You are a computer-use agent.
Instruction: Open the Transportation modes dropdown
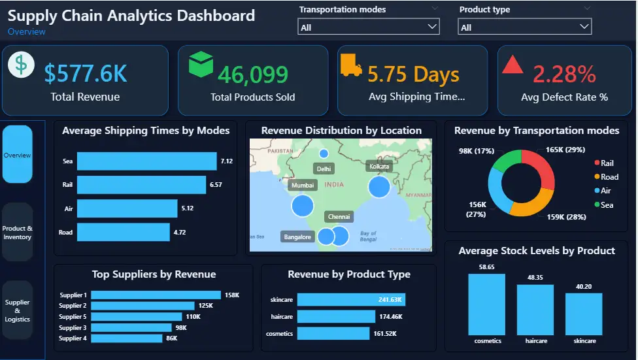coord(368,27)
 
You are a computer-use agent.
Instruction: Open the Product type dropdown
coord(525,27)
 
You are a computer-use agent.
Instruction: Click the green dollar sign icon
coord(22,65)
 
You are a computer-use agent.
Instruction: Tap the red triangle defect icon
coord(512,65)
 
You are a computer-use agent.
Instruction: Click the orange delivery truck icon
coord(351,65)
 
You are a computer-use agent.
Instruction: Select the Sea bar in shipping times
coord(146,161)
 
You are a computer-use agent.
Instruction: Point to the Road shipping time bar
coord(123,232)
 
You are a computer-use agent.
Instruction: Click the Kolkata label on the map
coord(379,167)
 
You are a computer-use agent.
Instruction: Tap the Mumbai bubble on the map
coord(302,205)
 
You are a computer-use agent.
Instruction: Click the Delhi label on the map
coord(324,169)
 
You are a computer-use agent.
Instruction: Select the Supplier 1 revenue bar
coord(156,295)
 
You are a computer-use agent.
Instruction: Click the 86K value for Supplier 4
coord(172,338)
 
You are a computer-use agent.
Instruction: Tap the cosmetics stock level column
coord(486,304)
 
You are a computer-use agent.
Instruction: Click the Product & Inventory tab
coord(18,233)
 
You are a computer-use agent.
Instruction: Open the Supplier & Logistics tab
coord(18,310)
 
